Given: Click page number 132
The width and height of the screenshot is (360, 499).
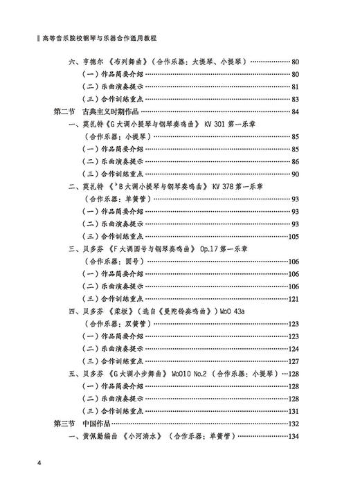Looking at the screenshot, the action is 293,424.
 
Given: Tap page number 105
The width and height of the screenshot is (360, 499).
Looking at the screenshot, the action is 293,236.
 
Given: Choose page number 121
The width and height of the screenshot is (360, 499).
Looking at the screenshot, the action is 293,299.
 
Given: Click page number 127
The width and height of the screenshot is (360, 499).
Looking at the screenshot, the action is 293,361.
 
